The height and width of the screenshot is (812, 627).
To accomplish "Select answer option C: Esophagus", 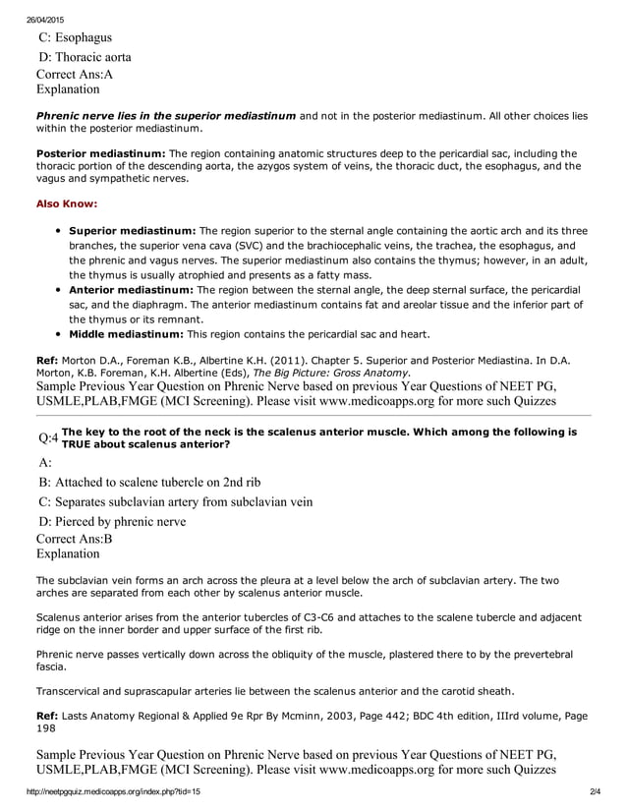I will point(76,38).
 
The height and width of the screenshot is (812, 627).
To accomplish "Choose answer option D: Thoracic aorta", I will point(85,57).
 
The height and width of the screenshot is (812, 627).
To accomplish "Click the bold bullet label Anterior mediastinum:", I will point(131,290).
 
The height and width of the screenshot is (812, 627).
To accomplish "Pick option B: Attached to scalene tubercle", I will point(149,483).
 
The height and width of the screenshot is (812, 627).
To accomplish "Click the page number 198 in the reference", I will point(46,732).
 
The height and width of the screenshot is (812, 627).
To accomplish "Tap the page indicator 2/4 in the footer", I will point(595,791).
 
